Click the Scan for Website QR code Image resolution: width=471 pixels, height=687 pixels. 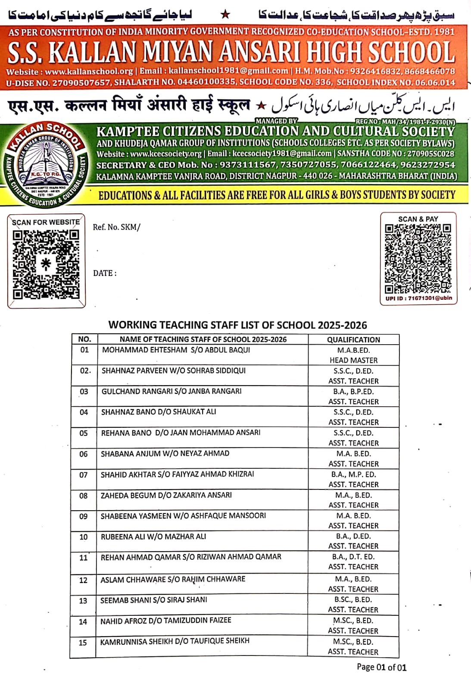(x=46, y=264)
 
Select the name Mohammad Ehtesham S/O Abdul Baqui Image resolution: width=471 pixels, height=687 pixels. (x=176, y=350)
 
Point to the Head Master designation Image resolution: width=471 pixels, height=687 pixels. (x=353, y=360)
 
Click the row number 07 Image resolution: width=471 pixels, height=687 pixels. (x=84, y=475)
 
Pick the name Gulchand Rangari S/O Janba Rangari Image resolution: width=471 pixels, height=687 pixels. (x=172, y=391)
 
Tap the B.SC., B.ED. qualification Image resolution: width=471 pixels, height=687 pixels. (x=353, y=599)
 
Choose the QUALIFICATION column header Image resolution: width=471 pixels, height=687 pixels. (x=353, y=339)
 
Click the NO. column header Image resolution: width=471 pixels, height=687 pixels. (x=84, y=339)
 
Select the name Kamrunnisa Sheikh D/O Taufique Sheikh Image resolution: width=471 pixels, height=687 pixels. (x=175, y=641)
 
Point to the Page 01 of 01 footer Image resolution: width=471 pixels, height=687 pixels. (x=381, y=667)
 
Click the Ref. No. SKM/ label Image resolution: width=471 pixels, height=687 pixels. (x=116, y=227)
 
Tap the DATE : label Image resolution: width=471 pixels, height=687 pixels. (x=105, y=273)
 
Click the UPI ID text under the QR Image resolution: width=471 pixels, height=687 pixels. (x=418, y=298)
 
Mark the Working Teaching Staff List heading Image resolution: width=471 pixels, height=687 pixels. (x=237, y=325)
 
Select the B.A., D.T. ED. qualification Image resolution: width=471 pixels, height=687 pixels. (x=353, y=557)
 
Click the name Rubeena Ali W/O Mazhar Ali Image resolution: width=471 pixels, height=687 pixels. (x=153, y=536)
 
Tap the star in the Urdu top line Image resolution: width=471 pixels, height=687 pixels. (x=225, y=15)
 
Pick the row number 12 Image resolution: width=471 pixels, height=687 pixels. (x=83, y=580)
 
